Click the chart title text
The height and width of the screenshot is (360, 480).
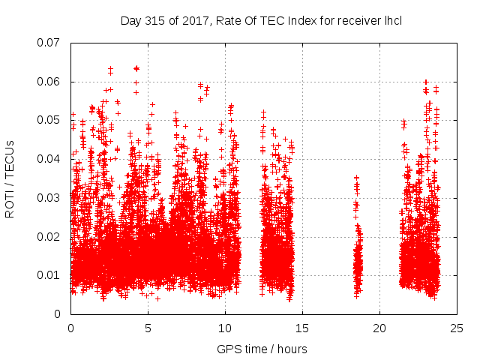tap(261, 20)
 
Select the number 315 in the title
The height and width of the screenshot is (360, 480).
tap(154, 20)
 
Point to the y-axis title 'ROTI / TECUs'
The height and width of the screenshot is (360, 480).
tap(10, 178)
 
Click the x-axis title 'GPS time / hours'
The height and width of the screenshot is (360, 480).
tap(262, 349)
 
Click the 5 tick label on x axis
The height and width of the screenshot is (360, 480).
tap(148, 328)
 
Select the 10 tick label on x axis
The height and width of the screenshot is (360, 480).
tap(225, 328)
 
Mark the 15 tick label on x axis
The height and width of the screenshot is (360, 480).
tap(302, 328)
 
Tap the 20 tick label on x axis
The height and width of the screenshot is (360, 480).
tap(379, 328)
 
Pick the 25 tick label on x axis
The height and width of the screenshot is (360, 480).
tap(457, 328)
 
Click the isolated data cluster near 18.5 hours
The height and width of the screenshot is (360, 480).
tap(358, 255)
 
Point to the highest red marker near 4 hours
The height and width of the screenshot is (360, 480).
tap(136, 68)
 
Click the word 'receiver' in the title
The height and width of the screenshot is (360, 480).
tap(357, 20)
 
